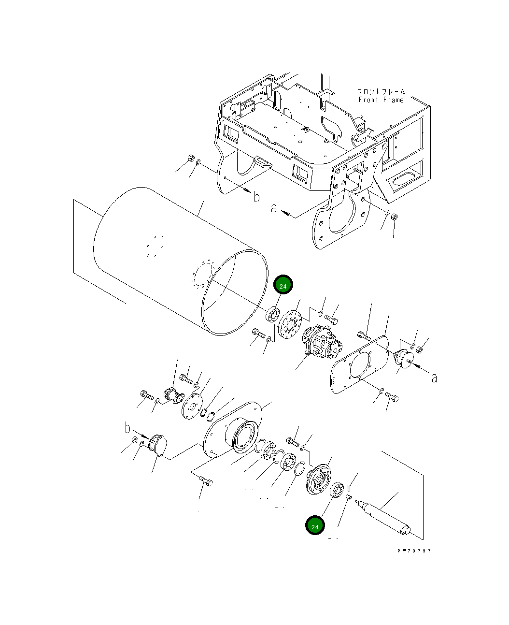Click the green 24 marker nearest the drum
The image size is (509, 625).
coord(283,286)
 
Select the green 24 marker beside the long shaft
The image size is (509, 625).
coord(315,526)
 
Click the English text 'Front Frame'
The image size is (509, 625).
coord(381,100)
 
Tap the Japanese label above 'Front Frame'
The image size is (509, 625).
coord(381,91)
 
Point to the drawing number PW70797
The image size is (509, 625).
coord(414,551)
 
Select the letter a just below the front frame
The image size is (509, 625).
coord(274,208)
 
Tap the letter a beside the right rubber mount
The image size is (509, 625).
coord(434,378)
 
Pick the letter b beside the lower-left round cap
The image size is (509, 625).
coord(127,428)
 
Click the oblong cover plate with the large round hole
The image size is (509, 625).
coord(360,365)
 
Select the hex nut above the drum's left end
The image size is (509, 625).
coord(190,159)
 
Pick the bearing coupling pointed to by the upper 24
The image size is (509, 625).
coord(273,315)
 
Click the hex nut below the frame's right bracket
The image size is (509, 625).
coord(394,217)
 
